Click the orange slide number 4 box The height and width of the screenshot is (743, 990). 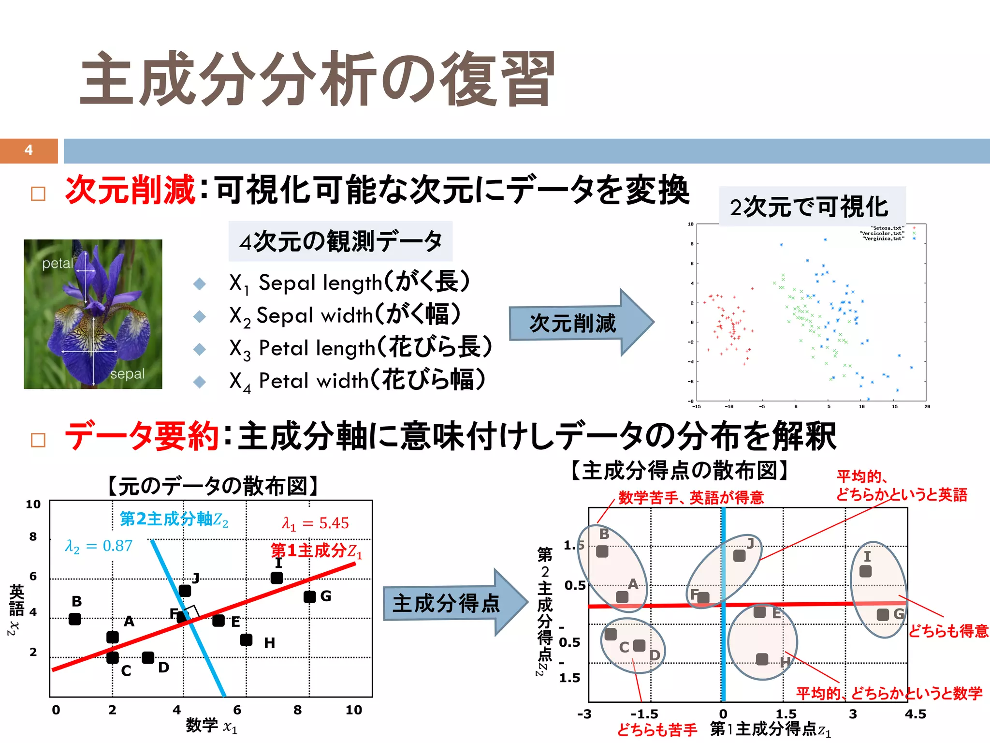29,150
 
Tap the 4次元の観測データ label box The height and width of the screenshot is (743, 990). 340,241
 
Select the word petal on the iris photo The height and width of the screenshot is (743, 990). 58,264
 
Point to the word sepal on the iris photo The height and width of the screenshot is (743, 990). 127,374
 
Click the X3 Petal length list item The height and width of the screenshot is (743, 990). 360,348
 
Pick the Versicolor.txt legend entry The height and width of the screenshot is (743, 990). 882,233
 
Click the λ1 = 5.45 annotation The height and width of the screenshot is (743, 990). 315,523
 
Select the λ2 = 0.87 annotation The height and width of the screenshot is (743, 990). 99,546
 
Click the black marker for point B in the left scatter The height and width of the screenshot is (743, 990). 75,619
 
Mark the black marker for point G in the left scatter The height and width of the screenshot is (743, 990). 310,597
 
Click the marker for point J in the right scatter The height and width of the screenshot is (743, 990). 739,556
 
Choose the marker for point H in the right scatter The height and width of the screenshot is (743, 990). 762,659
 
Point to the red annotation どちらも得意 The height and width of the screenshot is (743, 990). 948,631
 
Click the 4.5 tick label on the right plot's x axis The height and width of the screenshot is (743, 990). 915,714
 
